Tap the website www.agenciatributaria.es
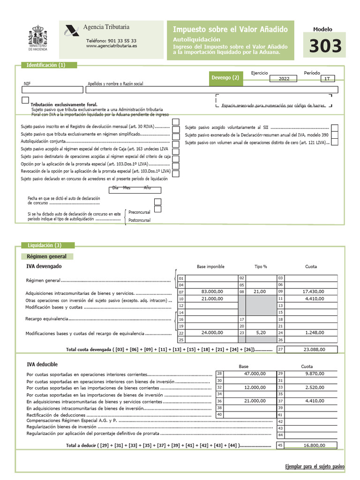click(x=112, y=46)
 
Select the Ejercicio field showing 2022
click(x=284, y=79)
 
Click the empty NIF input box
click(x=46, y=90)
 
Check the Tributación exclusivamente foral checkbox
click(x=25, y=100)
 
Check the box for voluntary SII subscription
click(x=335, y=127)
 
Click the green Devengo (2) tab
click(x=226, y=78)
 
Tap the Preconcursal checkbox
click(x=158, y=202)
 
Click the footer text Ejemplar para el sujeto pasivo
click(x=315, y=467)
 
